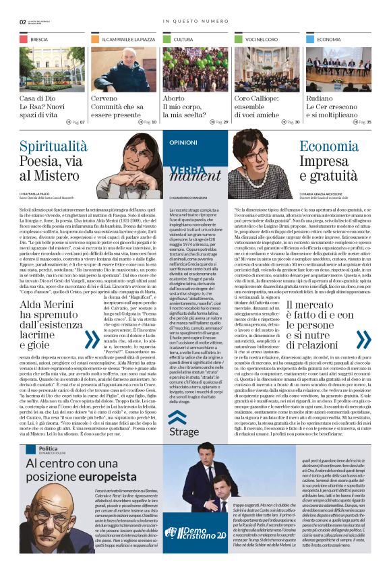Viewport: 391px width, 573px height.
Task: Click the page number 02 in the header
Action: pos(23,22)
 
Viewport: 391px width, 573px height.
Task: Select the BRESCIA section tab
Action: pos(39,40)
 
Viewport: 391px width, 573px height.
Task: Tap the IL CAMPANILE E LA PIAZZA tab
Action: pos(128,40)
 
